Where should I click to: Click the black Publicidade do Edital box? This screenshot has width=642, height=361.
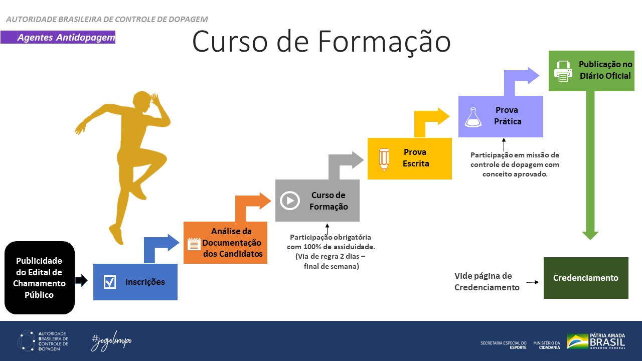click(40, 278)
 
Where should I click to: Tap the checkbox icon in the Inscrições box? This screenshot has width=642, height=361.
click(110, 282)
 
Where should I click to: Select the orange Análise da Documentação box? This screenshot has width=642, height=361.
click(225, 242)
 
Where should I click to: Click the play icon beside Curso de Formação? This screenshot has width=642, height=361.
click(289, 201)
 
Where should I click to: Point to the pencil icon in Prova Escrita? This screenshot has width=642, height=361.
click(384, 158)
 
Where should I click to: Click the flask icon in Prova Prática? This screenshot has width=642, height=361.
click(472, 117)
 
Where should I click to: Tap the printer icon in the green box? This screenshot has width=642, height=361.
click(563, 71)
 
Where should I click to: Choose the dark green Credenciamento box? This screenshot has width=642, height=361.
click(585, 278)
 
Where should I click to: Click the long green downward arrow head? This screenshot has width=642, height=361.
click(590, 235)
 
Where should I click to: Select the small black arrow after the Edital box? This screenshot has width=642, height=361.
click(81, 281)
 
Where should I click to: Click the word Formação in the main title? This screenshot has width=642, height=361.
click(379, 42)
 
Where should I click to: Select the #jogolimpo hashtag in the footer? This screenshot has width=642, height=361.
click(111, 341)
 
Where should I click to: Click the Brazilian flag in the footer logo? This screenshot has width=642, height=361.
click(577, 341)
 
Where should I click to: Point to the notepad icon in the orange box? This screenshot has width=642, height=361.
click(193, 244)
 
